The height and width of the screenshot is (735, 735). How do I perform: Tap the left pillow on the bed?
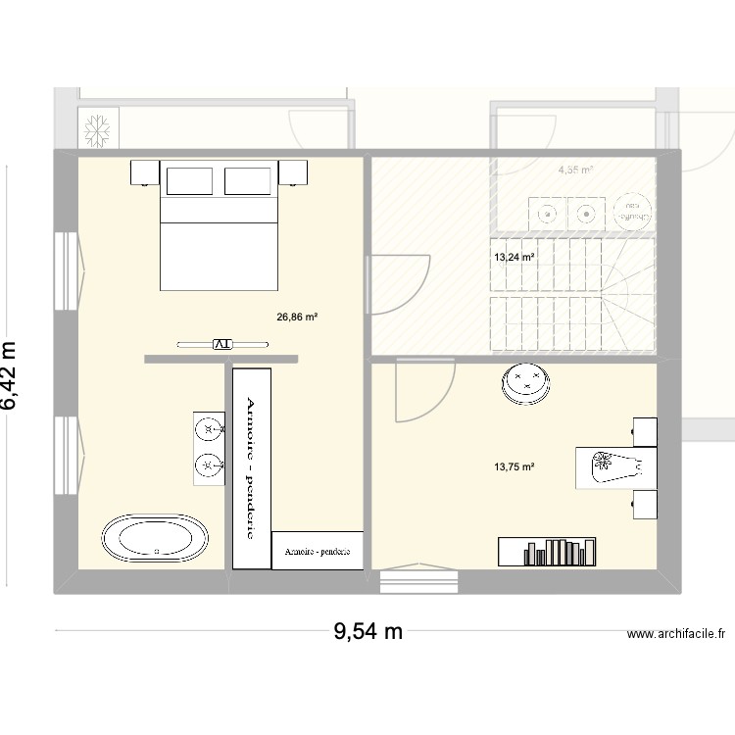pyautogui.click(x=189, y=181)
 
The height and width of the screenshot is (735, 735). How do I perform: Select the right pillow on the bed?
pyautogui.click(x=249, y=181)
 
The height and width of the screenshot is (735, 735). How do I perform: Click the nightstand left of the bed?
pyautogui.click(x=145, y=172)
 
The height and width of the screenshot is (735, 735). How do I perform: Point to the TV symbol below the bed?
pyautogui.click(x=221, y=343)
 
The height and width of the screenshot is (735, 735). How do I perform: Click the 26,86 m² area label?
pyautogui.click(x=299, y=318)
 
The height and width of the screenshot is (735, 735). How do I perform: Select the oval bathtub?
pyautogui.click(x=155, y=538)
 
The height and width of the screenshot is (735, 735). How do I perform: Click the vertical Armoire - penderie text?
pyautogui.click(x=251, y=467)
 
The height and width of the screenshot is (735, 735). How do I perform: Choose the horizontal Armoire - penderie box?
pyautogui.click(x=318, y=552)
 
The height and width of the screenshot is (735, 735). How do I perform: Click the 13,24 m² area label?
pyautogui.click(x=514, y=258)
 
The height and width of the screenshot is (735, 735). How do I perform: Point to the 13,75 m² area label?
pyautogui.click(x=514, y=467)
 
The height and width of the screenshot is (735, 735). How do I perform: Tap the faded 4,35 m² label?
pyautogui.click(x=575, y=170)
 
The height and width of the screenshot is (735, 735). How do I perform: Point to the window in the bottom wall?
pyautogui.click(x=419, y=580)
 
